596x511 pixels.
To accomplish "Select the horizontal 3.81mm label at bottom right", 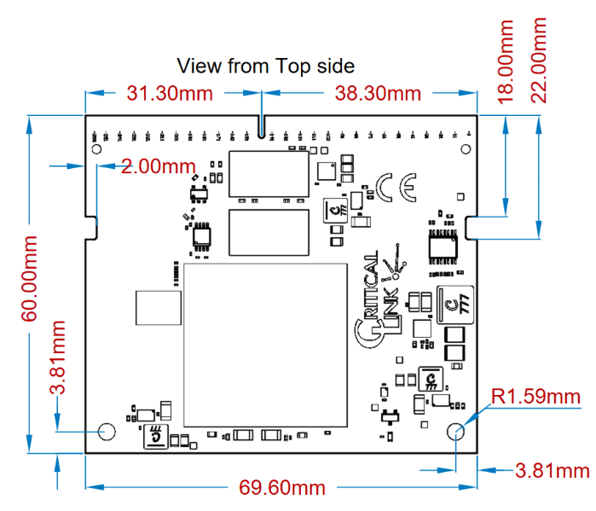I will click(x=553, y=470).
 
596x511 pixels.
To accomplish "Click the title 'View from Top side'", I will click(x=265, y=66).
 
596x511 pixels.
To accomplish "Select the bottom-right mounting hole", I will click(x=457, y=431).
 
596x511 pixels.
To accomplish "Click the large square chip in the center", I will click(x=265, y=345).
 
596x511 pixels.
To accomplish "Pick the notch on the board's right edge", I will click(x=472, y=227).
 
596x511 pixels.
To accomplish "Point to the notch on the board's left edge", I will click(x=92, y=227).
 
